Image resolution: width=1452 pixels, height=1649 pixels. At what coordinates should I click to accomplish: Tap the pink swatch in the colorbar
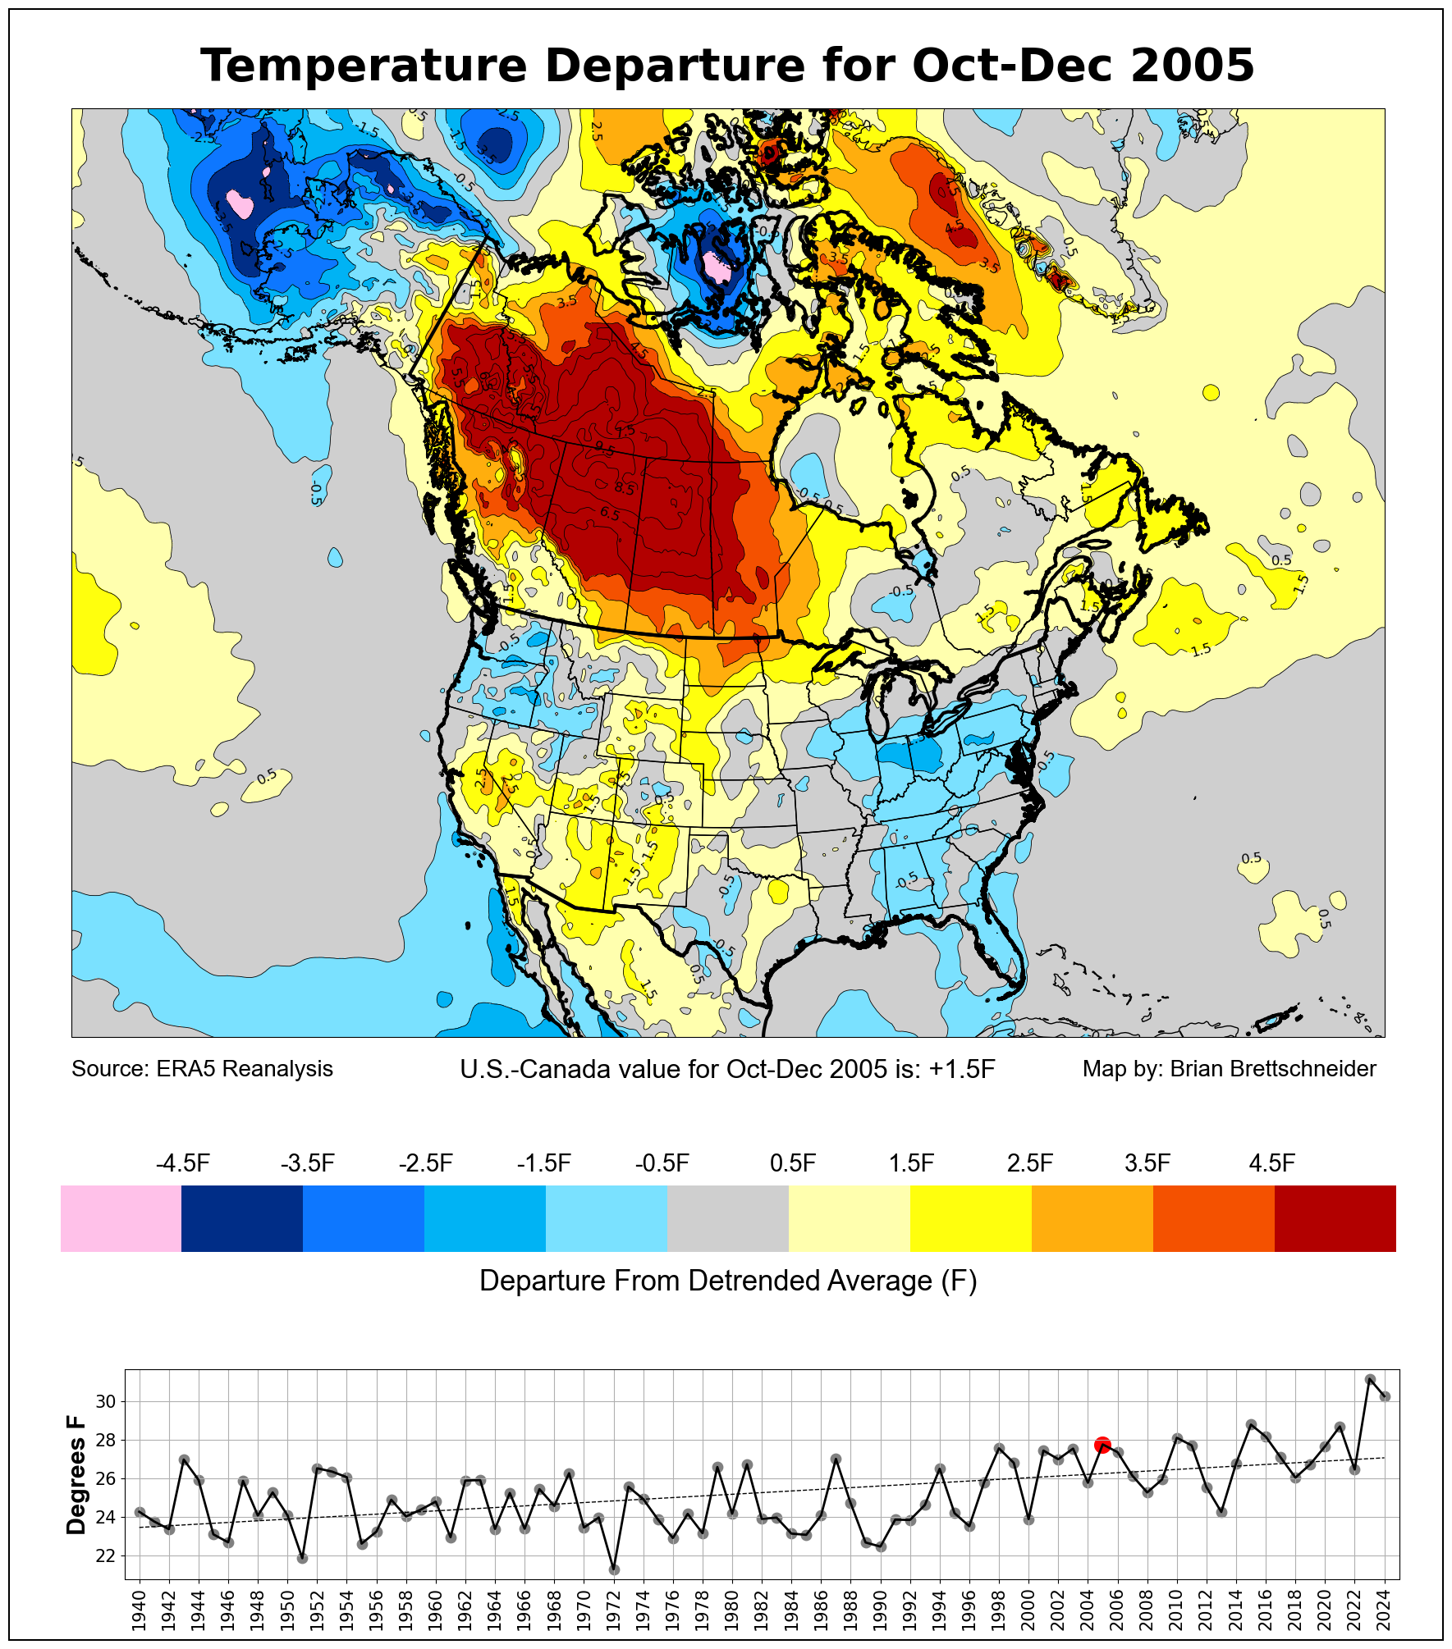tap(121, 1218)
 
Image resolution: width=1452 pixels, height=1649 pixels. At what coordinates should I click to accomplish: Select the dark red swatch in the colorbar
tap(1335, 1218)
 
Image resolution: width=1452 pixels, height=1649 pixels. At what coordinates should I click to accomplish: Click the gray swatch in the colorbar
tap(727, 1218)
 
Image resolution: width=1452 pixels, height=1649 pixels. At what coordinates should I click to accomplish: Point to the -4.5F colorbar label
tap(183, 1163)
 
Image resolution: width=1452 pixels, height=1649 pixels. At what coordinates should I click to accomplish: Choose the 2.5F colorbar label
tap(1029, 1163)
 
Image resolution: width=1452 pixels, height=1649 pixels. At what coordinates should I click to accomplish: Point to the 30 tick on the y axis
tap(106, 1402)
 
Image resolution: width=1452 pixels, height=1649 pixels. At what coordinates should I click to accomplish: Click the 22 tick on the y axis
tap(106, 1556)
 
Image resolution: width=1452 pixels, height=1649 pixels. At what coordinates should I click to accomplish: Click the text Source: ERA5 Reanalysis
tap(202, 1069)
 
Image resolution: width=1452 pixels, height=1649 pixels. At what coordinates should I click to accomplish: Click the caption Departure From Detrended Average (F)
tap(727, 1281)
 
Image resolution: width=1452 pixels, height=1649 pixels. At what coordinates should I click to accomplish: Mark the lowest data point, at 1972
tap(614, 1569)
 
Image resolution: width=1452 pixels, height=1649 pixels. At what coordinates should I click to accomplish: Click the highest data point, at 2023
tap(1370, 1380)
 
